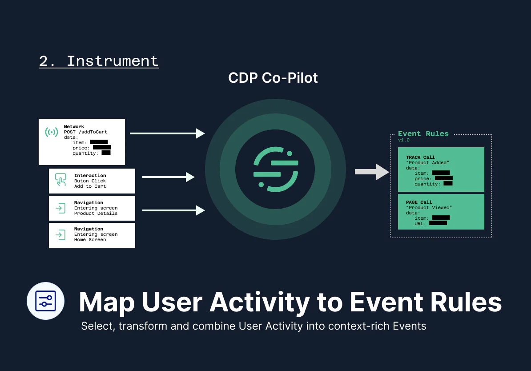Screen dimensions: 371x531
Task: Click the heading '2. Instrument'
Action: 98,61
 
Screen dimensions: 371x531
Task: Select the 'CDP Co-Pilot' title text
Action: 273,78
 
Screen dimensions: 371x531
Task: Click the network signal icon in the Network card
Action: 52,132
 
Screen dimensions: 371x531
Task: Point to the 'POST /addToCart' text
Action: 85,132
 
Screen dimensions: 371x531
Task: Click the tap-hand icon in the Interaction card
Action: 60,180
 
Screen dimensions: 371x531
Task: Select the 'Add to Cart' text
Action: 90,186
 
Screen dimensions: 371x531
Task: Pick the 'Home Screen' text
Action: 90,240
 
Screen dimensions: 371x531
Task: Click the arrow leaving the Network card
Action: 167,133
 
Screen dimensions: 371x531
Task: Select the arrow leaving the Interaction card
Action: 169,177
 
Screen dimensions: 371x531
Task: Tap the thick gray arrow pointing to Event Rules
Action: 372,172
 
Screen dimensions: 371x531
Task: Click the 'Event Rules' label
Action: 423,134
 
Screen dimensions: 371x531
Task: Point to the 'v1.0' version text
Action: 404,140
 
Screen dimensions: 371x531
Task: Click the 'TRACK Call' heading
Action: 420,157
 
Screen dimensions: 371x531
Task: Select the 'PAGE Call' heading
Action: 418,202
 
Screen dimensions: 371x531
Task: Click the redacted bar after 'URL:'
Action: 438,223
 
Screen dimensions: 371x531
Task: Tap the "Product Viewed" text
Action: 429,208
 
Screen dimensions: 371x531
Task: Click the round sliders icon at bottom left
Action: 46,301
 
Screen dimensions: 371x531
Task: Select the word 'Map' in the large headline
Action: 107,302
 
